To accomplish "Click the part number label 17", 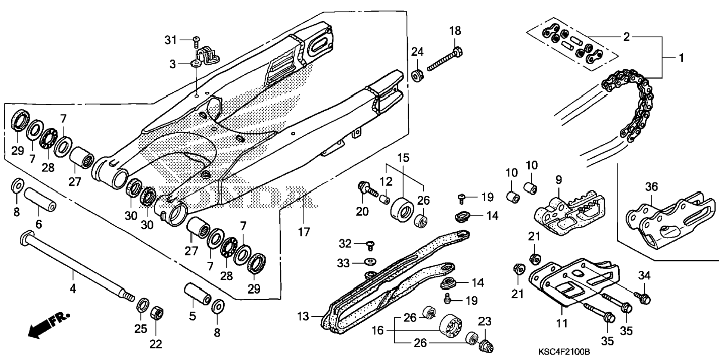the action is (304, 232).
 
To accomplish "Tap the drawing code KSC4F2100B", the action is (564, 352).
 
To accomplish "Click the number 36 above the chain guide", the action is (651, 186).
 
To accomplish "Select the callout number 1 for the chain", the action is (681, 58).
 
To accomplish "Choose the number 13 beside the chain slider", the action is (303, 316).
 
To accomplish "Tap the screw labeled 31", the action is (196, 39).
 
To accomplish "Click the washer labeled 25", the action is (142, 305).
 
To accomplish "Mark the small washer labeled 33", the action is (370, 260).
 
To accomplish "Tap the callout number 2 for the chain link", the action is (626, 37).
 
